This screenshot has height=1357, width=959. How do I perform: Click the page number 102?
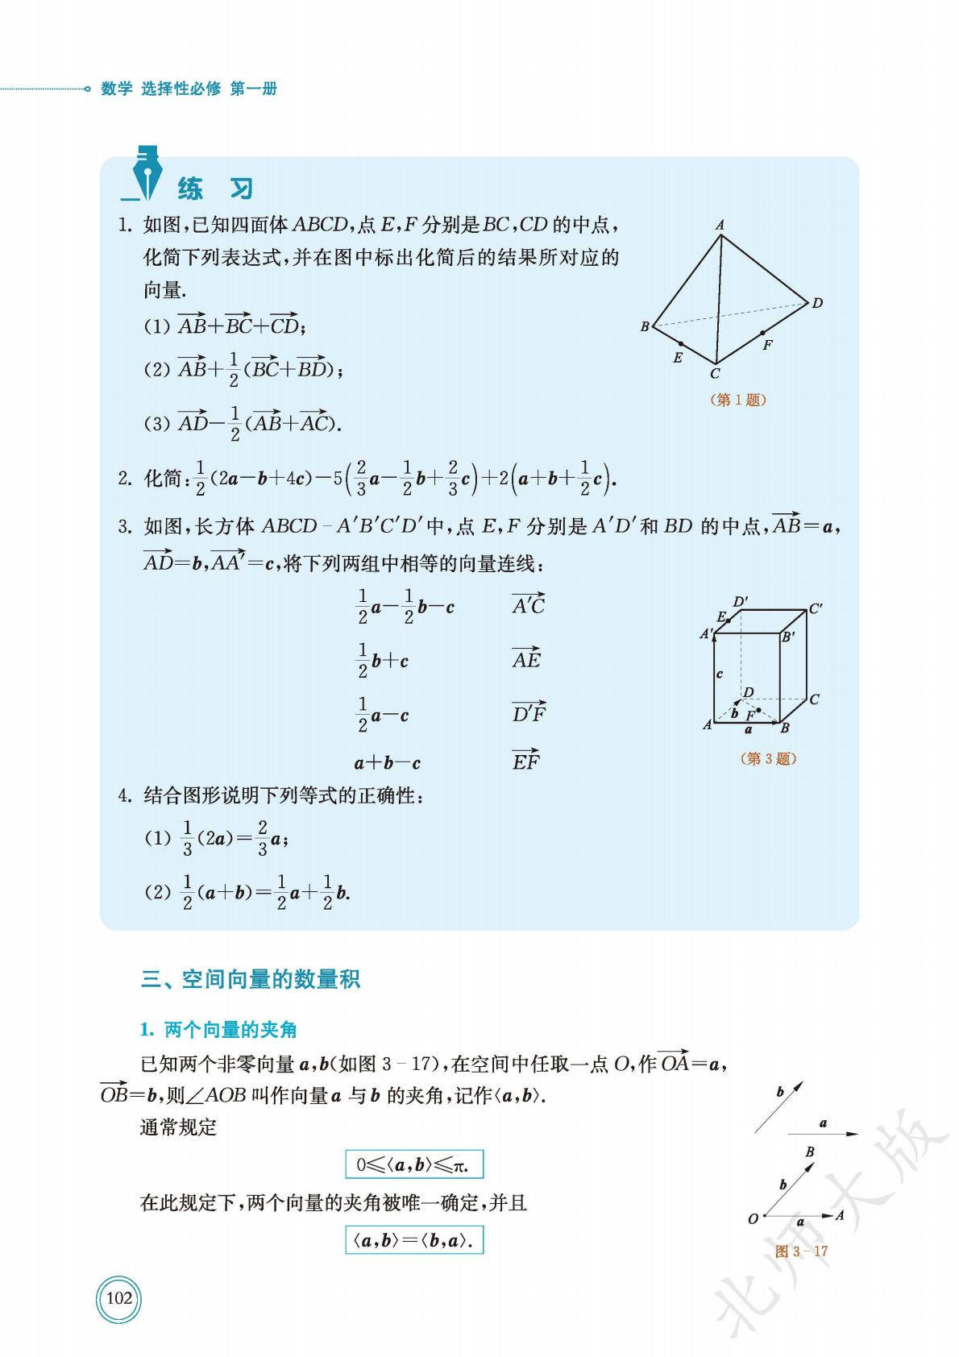click(x=118, y=1297)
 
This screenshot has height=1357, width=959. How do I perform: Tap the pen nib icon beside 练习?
click(x=146, y=173)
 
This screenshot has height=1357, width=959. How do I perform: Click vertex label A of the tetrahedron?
click(x=720, y=226)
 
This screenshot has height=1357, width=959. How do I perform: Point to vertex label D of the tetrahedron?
click(x=817, y=303)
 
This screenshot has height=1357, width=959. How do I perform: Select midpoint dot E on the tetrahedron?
click(x=681, y=344)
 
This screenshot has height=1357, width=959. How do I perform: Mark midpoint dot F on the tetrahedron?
click(x=762, y=332)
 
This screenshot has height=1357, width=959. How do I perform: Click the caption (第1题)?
click(x=737, y=400)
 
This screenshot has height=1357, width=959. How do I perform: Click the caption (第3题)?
click(x=768, y=758)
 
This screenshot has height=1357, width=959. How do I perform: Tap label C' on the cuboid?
click(x=816, y=608)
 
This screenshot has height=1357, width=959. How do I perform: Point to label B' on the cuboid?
click(x=788, y=637)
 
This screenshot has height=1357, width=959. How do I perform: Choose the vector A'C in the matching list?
click(x=529, y=604)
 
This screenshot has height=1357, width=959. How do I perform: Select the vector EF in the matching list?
click(x=526, y=760)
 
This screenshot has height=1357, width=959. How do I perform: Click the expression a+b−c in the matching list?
click(x=388, y=762)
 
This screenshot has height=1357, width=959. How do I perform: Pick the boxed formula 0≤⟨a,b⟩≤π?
click(x=414, y=1164)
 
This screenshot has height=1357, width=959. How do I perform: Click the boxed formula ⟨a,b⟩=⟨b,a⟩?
click(x=414, y=1240)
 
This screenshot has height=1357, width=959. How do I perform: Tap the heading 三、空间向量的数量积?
click(x=251, y=979)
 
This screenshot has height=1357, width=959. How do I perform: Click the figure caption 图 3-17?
click(x=801, y=1251)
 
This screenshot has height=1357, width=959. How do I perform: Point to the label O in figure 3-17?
click(x=753, y=1218)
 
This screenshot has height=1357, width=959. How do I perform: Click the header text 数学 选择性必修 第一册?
click(x=189, y=89)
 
